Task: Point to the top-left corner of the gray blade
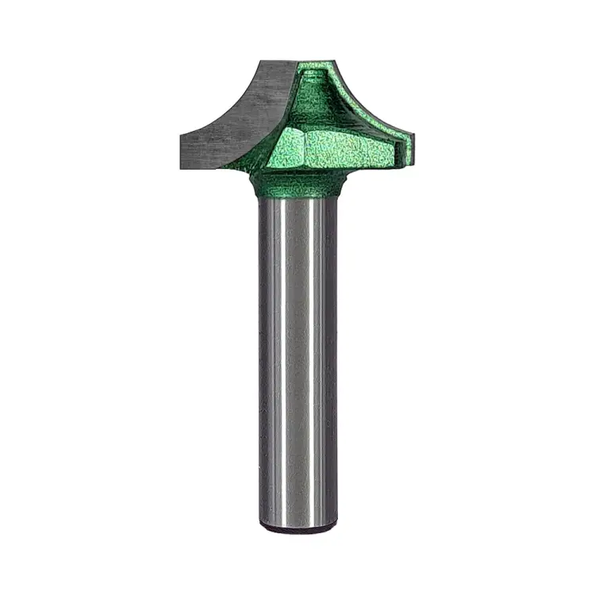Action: click(x=259, y=61)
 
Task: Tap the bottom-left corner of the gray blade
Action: click(x=181, y=168)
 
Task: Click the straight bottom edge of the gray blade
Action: click(x=214, y=168)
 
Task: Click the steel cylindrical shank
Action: click(x=297, y=357)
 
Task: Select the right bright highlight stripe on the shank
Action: click(x=317, y=357)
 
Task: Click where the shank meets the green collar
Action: click(x=297, y=199)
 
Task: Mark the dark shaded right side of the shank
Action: click(x=332, y=357)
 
